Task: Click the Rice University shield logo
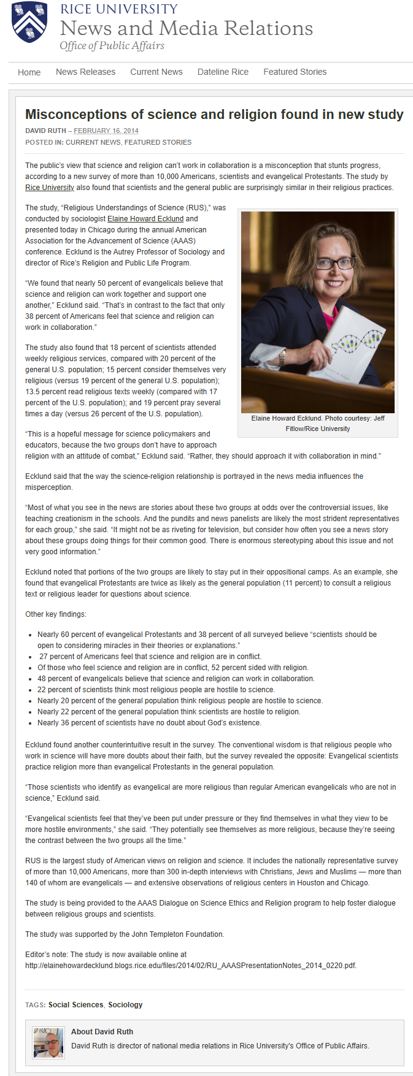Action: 29,21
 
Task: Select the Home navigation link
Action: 29,72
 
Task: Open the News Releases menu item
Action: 85,72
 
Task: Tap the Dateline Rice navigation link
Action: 223,72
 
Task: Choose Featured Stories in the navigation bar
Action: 295,72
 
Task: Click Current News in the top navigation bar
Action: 156,72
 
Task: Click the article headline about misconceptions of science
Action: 214,115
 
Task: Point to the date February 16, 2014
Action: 106,131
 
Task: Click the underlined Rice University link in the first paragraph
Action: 50,188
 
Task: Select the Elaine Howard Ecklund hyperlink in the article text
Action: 145,219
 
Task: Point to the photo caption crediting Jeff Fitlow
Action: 317,423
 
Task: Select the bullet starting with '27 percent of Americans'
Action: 150,656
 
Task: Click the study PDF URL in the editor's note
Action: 190,965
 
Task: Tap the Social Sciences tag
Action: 75,1005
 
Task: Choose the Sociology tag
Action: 125,1005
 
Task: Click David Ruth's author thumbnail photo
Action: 48,1042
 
